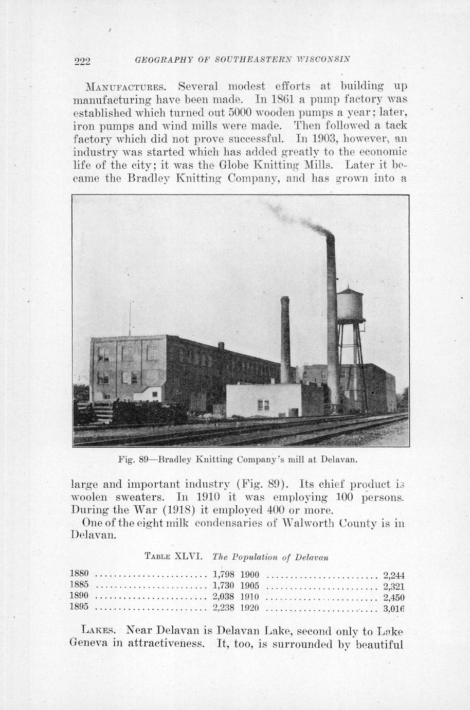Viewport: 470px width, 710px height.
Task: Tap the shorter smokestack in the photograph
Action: (x=285, y=340)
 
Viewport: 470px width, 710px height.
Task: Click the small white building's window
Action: (x=263, y=405)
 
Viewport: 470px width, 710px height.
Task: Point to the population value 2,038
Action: (x=223, y=597)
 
